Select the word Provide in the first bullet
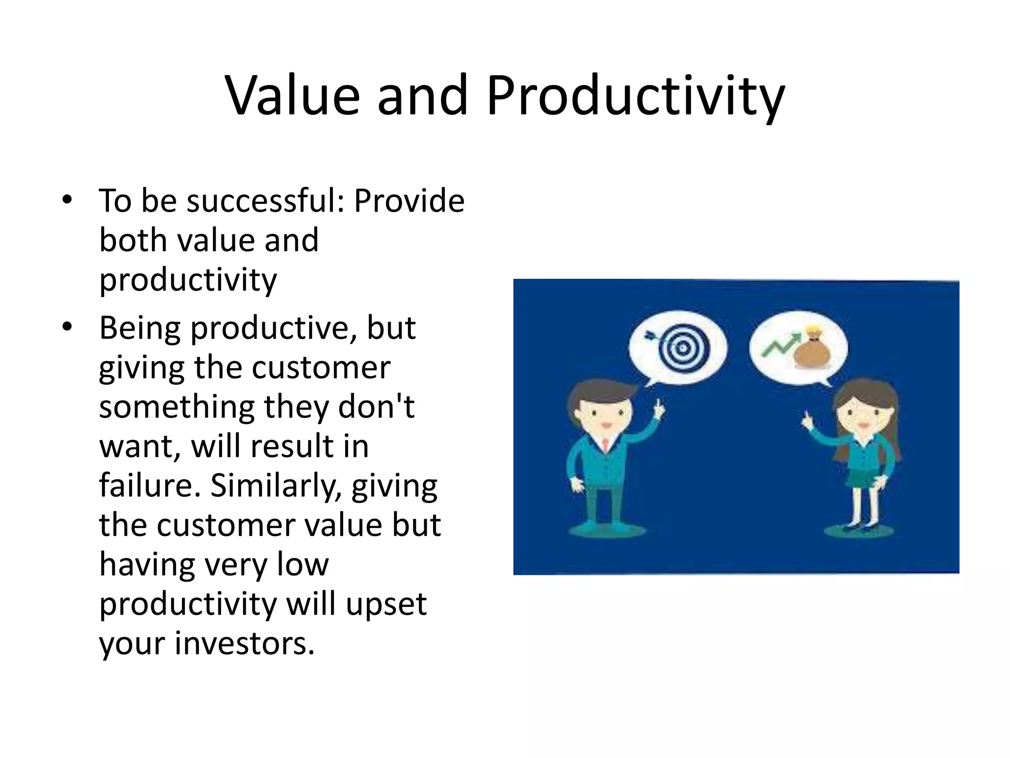(x=409, y=201)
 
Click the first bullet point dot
(x=68, y=200)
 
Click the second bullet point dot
(x=68, y=327)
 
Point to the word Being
(x=141, y=329)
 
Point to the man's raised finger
(x=658, y=407)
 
